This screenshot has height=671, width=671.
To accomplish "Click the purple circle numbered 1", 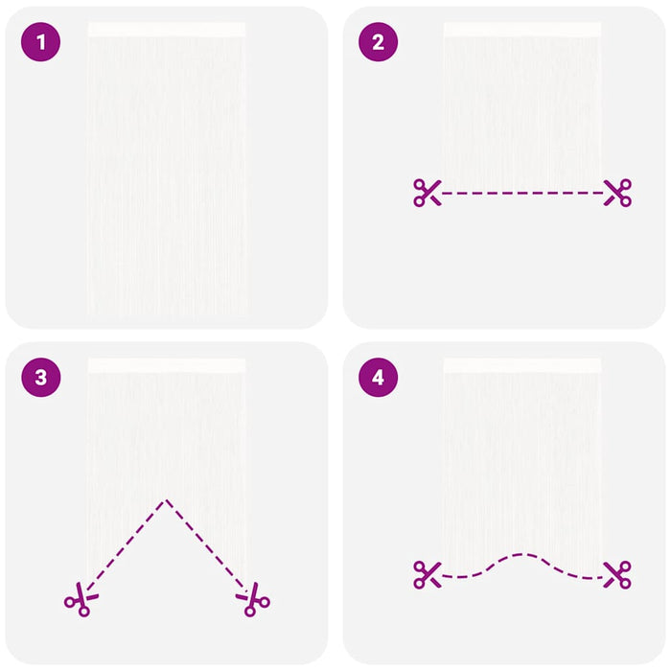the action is (x=40, y=42).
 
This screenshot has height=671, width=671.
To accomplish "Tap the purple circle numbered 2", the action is (x=378, y=42).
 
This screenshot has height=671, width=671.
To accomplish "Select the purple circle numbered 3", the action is (x=40, y=378).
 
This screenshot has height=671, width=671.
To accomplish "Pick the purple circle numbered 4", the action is (x=378, y=378).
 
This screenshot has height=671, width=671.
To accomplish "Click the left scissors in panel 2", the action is (x=428, y=193).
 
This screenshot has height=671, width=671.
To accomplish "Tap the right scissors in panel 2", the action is (x=617, y=193).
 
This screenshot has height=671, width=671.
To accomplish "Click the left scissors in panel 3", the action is (x=81, y=599).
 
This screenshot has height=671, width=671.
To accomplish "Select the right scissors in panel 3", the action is (x=253, y=599).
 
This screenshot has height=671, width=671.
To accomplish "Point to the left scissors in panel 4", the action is (x=428, y=575).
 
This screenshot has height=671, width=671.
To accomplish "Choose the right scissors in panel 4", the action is (x=617, y=575).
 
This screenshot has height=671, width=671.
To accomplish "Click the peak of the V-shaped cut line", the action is (x=167, y=499).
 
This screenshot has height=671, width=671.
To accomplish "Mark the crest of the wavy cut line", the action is (x=522, y=555).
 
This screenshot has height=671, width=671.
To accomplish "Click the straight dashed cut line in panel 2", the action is (x=522, y=193).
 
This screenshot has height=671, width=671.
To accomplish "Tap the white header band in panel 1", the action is (x=167, y=30).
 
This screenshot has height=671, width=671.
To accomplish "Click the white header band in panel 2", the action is (x=522, y=30).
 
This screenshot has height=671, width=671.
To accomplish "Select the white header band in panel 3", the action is (x=167, y=365).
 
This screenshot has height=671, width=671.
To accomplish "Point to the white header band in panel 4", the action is (x=522, y=365).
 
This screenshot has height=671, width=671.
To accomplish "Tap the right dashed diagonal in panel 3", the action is (x=207, y=544).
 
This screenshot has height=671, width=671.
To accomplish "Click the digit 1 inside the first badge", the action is (x=41, y=42).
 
